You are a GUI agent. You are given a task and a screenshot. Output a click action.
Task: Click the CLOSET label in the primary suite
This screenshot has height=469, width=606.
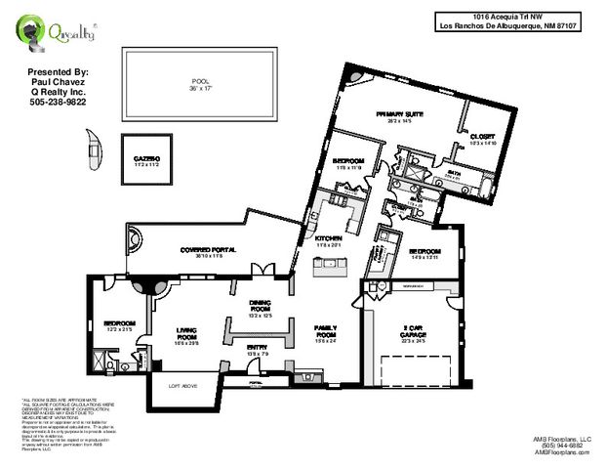click(x=483, y=139)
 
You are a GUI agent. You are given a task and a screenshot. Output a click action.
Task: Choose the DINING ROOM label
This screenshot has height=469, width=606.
click(x=259, y=307)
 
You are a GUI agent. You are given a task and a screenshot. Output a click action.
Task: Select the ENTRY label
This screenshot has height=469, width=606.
click(x=258, y=349)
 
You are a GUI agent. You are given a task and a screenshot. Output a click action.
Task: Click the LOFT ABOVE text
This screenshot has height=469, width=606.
click(x=183, y=387)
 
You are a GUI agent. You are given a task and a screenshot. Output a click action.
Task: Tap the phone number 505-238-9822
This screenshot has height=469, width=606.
click(x=58, y=102)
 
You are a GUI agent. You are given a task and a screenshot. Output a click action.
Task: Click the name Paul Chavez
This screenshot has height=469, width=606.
click(x=58, y=82)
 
